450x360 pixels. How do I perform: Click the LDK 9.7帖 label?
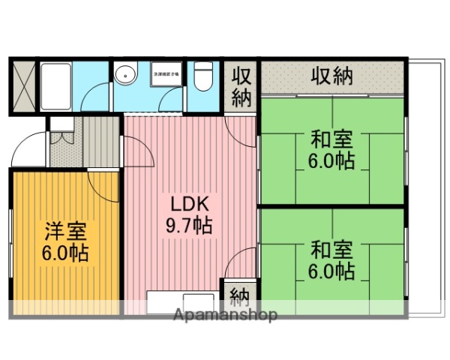(188, 214)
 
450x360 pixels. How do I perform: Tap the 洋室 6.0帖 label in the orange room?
(65, 242)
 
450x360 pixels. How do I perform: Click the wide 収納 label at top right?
(332, 76)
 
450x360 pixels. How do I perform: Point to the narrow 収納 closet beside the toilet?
(240, 87)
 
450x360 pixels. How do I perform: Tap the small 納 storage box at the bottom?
(239, 293)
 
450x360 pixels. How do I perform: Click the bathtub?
(57, 86)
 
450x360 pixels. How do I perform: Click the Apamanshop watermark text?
(225, 314)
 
